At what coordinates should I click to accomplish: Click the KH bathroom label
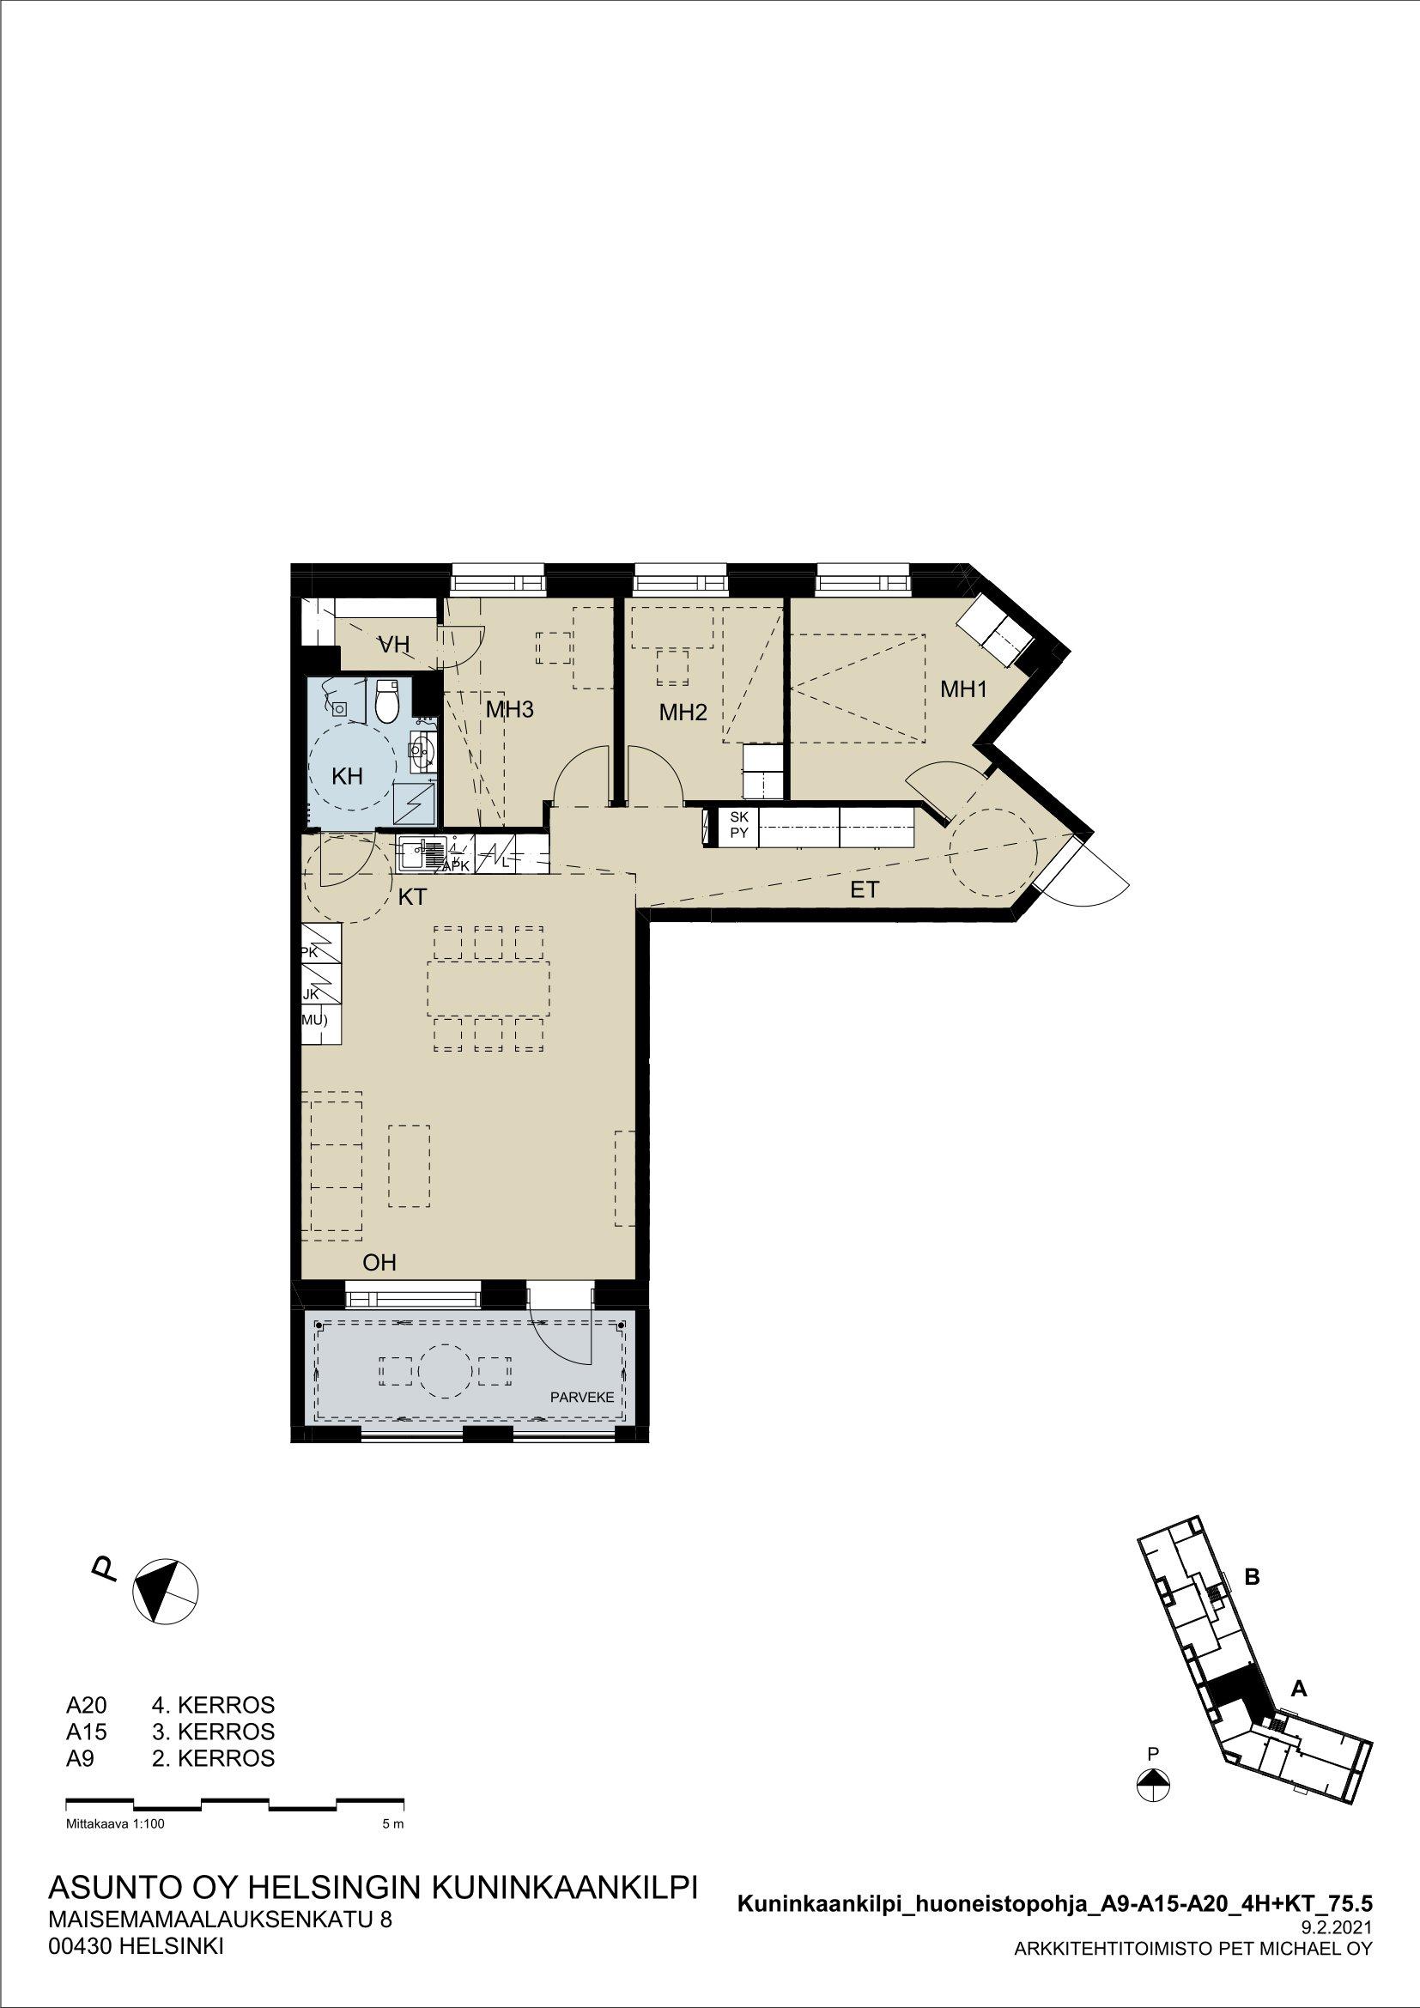[x=347, y=776]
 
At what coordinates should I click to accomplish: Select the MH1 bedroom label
[x=963, y=689]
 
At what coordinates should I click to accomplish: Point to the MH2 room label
[x=682, y=713]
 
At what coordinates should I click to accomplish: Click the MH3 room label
[x=509, y=709]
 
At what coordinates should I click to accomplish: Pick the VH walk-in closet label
[x=393, y=646]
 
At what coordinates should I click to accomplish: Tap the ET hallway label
[x=864, y=890]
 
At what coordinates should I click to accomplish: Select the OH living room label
[x=379, y=1262]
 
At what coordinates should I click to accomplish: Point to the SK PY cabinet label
[x=739, y=825]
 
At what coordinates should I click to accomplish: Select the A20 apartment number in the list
[x=85, y=1705]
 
